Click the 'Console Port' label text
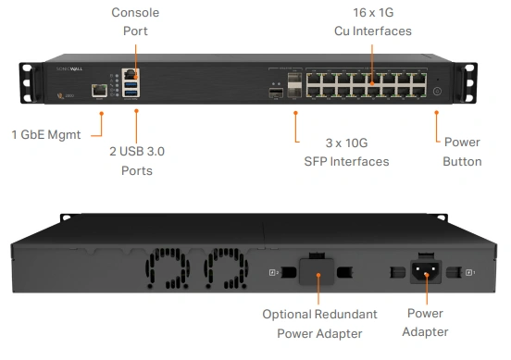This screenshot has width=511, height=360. (135, 21)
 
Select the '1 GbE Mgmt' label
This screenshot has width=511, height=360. (45, 134)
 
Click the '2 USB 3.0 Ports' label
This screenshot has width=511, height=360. (136, 161)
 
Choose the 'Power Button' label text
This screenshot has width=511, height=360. (462, 152)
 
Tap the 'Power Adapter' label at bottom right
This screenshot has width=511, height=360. (427, 323)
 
